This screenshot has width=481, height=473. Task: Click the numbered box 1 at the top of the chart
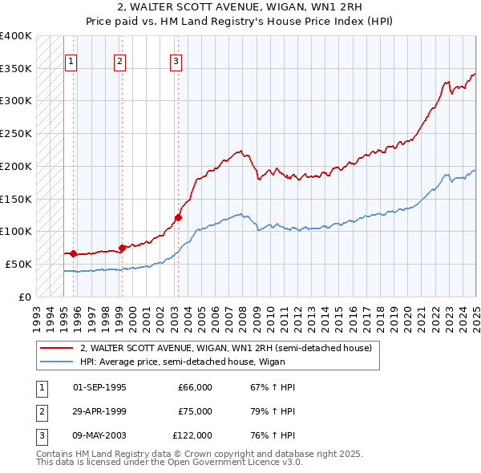click(x=71, y=61)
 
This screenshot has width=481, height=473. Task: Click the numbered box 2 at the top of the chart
click(x=119, y=61)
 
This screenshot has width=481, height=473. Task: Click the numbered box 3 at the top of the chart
click(x=176, y=61)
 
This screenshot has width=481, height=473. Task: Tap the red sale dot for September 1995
click(x=73, y=253)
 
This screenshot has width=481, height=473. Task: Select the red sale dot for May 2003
click(x=179, y=216)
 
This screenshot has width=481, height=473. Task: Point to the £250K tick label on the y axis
click(x=17, y=133)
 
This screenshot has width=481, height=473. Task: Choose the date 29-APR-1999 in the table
click(x=99, y=411)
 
